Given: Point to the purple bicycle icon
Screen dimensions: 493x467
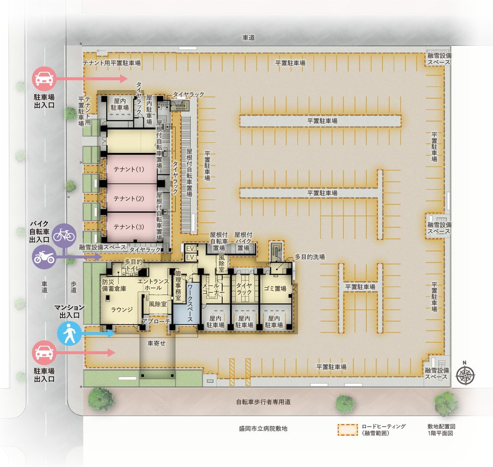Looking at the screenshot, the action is point(64,235).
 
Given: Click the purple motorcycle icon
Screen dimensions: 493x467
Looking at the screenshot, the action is point(44,257).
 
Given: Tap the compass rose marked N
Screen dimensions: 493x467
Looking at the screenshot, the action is point(465,375).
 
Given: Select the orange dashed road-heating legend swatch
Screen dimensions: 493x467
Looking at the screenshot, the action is point(348,430).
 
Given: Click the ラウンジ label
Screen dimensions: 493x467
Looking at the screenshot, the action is point(122,310).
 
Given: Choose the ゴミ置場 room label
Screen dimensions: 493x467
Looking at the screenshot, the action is point(275,289).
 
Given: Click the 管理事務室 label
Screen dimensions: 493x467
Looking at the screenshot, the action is point(178,286).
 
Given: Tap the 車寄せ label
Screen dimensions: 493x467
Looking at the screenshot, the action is point(156,343).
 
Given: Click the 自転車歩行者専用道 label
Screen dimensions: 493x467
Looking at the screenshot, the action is point(264,402).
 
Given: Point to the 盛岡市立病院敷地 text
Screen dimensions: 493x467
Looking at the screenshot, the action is point(263,428).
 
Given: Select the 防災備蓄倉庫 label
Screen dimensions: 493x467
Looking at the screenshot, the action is point(114,286).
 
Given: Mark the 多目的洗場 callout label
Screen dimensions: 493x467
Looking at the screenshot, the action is point(310,257).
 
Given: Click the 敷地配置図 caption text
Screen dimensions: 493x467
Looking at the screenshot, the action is point(441,426).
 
